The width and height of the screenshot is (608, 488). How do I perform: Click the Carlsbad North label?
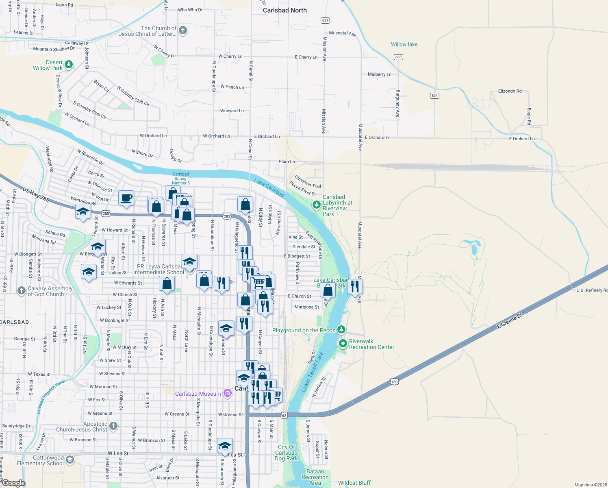click(284, 10)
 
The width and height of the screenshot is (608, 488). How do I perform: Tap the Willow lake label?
click(404, 44)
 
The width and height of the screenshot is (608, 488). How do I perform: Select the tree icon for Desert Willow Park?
click(69, 64)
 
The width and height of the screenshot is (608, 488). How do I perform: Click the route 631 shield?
click(325, 20)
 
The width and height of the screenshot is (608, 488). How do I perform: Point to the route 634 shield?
click(434, 96)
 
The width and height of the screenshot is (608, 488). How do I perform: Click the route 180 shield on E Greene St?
click(394, 382)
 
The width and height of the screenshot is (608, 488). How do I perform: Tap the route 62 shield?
click(284, 415)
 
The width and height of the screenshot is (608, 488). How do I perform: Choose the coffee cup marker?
click(126, 198)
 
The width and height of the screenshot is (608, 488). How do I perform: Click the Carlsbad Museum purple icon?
click(228, 393)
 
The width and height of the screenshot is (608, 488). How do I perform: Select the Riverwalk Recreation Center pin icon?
click(343, 344)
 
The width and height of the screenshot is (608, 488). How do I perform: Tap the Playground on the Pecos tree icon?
click(342, 329)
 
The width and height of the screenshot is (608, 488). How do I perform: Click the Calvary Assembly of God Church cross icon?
click(22, 290)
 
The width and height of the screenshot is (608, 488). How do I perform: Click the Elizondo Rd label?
click(510, 91)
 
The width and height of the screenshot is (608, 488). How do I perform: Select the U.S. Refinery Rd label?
click(592, 290)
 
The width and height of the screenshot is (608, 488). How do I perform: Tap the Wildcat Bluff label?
click(354, 483)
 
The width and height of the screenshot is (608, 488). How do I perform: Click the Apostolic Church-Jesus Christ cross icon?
click(113, 426)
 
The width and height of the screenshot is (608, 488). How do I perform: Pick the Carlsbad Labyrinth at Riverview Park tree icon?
click(316, 205)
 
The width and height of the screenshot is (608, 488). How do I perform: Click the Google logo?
click(13, 483)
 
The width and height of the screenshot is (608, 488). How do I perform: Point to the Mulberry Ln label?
click(379, 74)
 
